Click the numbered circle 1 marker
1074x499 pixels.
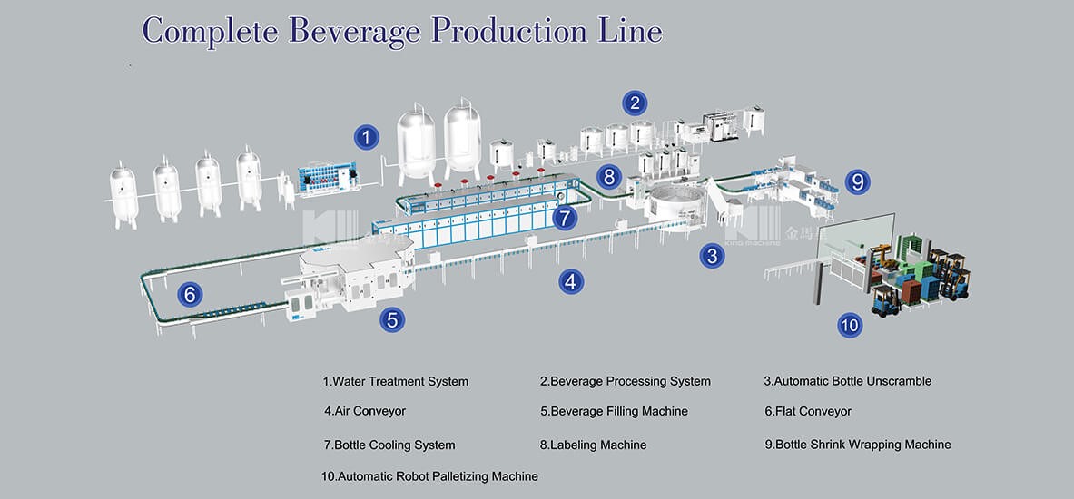pos(366,138)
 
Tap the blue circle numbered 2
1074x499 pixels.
pos(635,103)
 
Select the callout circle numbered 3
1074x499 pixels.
pos(712,256)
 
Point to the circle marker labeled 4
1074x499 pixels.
pos(570,282)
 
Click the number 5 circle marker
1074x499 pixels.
pos(392,319)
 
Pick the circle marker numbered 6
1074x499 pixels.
pos(190,294)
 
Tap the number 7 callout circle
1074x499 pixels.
pos(565,218)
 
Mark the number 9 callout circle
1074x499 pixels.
pos(857,181)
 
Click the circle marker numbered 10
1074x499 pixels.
pos(850,324)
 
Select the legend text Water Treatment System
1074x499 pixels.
pos(396,382)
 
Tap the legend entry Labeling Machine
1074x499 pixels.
pos(594,445)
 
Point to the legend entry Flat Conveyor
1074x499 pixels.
pos(808,412)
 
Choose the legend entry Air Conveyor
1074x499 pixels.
pos(365,412)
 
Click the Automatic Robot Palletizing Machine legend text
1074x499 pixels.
pos(429,476)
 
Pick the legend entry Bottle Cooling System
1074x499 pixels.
pos(389,445)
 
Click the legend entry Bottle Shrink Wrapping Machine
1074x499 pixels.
pos(858,445)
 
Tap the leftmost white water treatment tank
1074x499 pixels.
pos(123,194)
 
